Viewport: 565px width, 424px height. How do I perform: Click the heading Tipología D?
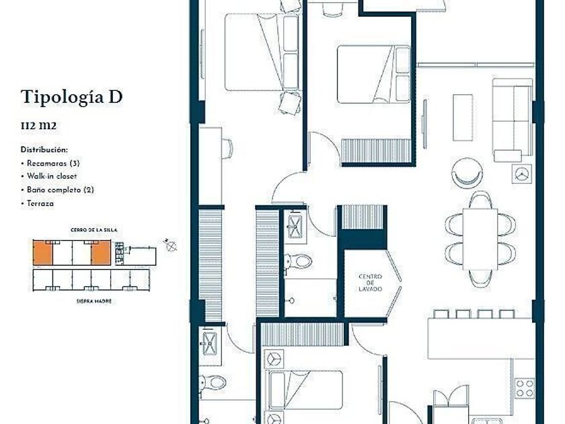[x=72, y=98]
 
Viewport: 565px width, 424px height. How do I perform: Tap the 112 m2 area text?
[x=38, y=126]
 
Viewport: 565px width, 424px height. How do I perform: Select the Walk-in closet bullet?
[x=49, y=176]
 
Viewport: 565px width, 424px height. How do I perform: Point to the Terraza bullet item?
[x=38, y=204]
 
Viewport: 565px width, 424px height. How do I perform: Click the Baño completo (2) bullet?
[x=57, y=190]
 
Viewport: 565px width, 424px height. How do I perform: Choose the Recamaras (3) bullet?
[x=50, y=164]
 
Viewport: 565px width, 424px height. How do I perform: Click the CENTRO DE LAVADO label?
[x=370, y=283]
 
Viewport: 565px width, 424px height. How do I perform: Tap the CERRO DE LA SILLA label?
[x=93, y=230]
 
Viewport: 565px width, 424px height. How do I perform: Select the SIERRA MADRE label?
[x=93, y=301]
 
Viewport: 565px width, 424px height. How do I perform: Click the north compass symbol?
[x=169, y=245]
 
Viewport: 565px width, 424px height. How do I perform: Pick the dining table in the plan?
[x=480, y=239]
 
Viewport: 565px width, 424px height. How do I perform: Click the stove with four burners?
[x=524, y=388]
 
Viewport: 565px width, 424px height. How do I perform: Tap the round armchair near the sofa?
[x=467, y=173]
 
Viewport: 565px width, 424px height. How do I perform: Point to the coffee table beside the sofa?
[x=463, y=118]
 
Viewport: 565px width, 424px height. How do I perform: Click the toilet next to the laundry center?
[x=298, y=261]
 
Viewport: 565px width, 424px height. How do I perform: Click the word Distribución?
[x=44, y=149]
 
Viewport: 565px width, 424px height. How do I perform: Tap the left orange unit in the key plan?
[x=42, y=253]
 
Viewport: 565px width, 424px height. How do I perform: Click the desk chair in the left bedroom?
[x=227, y=149]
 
